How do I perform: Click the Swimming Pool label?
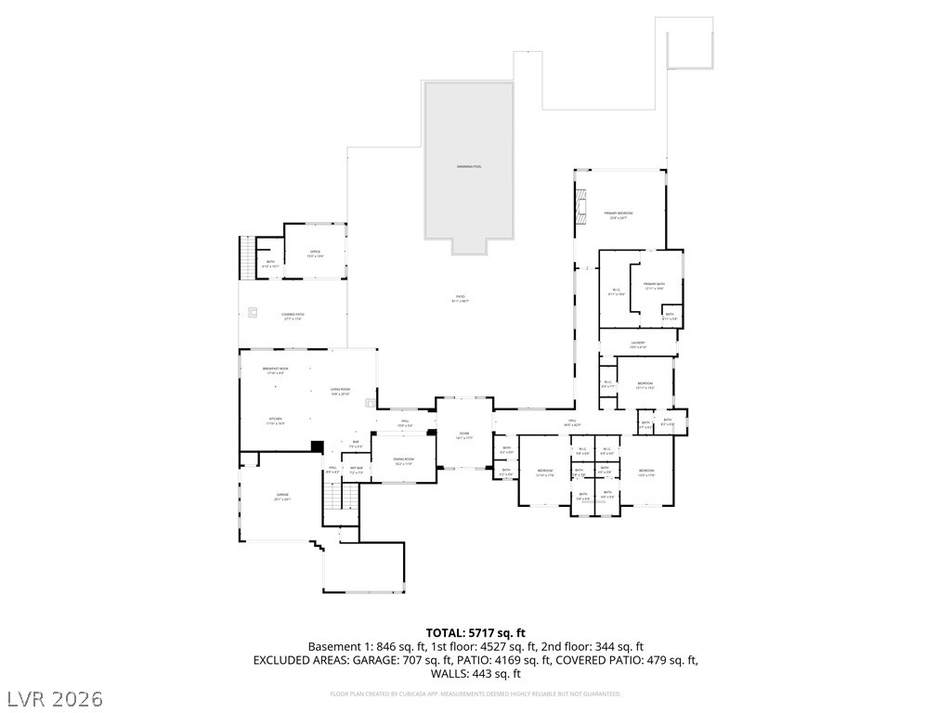point(469,166)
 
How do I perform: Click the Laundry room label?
point(638,344)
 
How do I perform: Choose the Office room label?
point(316,253)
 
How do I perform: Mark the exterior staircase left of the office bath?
point(246,255)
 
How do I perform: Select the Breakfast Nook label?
point(276,370)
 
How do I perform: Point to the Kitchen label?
point(276,421)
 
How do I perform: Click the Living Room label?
point(340,391)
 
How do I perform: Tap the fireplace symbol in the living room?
point(371,403)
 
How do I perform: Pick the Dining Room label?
point(404,461)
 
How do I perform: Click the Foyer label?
point(463,435)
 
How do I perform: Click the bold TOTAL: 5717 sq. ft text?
point(475,632)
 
